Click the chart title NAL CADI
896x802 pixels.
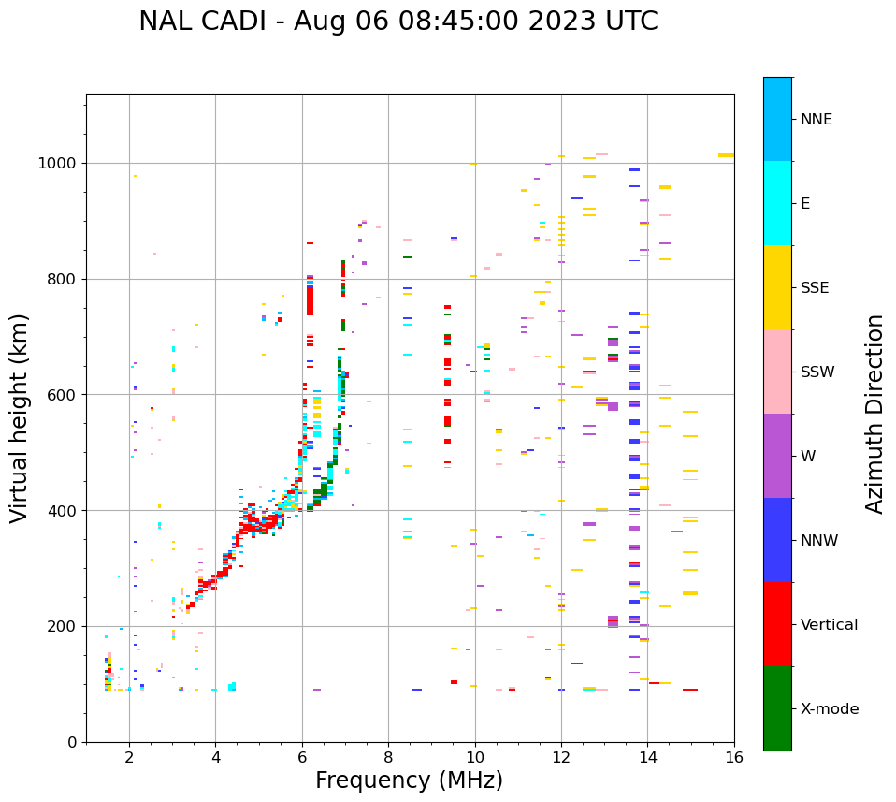[397, 22]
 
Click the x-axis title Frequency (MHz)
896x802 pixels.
[409, 780]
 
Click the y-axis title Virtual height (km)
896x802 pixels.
[20, 417]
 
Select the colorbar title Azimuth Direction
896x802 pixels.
[874, 414]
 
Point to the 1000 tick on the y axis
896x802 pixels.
[61, 163]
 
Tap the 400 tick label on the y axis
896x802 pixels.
[65, 511]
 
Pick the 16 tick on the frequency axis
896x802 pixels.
[734, 757]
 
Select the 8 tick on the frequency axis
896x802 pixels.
[388, 757]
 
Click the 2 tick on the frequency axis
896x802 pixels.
[129, 757]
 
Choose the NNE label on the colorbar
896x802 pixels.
[816, 120]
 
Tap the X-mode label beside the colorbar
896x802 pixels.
[829, 709]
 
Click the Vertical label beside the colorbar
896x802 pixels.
[829, 625]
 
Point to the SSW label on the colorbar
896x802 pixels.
[817, 372]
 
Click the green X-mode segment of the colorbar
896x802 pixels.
[777, 708]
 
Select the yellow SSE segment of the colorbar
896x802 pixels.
[777, 287]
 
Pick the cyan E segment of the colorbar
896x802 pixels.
[777, 203]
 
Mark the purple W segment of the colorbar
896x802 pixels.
[777, 456]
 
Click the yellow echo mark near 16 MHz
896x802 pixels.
[726, 155]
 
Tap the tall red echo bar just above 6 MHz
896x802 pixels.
[310, 300]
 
